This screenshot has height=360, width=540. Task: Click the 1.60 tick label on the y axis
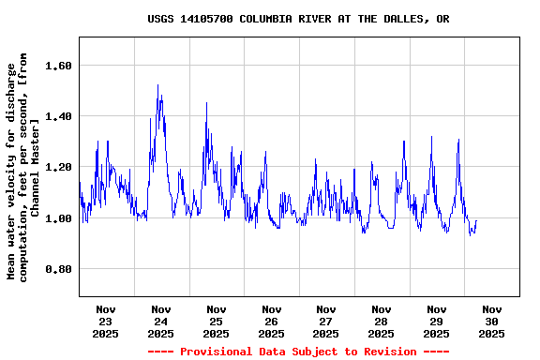(57, 66)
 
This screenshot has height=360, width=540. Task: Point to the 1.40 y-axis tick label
(57, 116)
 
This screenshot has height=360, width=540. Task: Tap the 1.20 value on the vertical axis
(57, 167)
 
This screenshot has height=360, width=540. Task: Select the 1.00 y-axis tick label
(57, 218)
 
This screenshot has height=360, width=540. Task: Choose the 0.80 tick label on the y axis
(57, 269)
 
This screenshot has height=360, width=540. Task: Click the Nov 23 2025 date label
(106, 321)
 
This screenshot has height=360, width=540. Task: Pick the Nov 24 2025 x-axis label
(161, 321)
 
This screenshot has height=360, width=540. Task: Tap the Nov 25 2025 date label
(217, 321)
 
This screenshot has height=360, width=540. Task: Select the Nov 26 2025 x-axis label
(272, 321)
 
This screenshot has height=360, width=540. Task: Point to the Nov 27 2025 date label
(326, 321)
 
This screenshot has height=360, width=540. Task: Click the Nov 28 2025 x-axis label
(382, 321)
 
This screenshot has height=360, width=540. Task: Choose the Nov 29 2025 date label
(437, 321)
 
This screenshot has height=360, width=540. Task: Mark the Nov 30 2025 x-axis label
(491, 321)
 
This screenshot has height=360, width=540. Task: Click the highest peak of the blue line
(157, 85)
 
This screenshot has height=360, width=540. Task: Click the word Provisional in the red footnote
(214, 352)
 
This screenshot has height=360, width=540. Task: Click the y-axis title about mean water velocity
(23, 171)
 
